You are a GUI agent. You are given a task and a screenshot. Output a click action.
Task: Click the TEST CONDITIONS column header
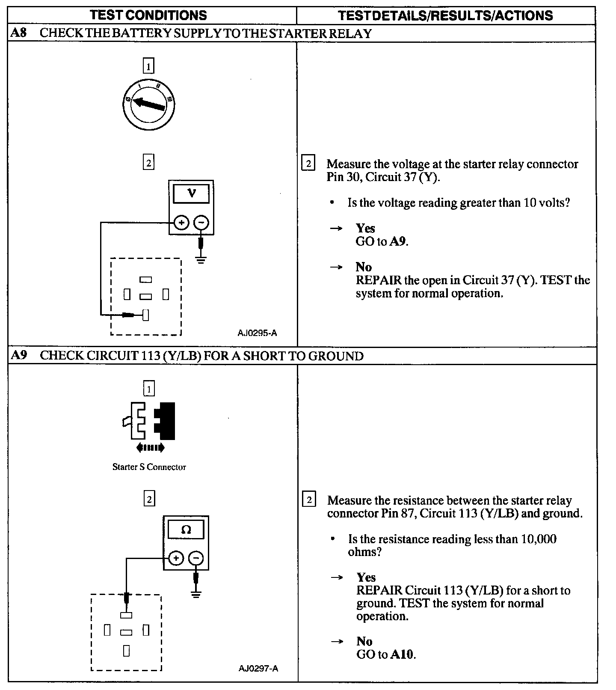click(148, 15)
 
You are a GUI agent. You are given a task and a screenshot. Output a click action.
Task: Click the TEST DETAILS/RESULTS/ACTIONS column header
click(445, 16)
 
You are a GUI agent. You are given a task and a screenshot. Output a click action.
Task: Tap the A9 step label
click(18, 356)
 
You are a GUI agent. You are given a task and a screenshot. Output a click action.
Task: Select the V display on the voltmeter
click(191, 193)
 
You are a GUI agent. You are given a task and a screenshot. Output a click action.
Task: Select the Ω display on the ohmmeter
click(186, 530)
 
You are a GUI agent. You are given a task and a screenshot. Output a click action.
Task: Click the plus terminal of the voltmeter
click(181, 223)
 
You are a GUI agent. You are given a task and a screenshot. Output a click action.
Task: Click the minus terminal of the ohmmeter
click(196, 558)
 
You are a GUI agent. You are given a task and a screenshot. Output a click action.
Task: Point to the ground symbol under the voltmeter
click(201, 259)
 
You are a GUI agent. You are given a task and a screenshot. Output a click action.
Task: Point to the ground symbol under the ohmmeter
click(196, 594)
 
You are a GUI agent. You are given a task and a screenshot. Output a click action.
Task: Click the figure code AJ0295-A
click(257, 333)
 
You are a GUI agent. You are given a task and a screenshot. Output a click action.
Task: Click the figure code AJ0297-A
click(258, 668)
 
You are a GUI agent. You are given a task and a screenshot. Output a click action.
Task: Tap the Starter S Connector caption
click(149, 467)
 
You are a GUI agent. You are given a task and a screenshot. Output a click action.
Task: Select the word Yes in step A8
click(365, 228)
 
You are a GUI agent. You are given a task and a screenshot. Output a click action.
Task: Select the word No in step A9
click(364, 641)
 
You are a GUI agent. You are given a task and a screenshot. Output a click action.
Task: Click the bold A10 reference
click(402, 654)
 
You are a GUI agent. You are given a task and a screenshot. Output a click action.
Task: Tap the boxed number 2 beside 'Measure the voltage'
click(308, 164)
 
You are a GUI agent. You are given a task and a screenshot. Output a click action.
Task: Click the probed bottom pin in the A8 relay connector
click(146, 315)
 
